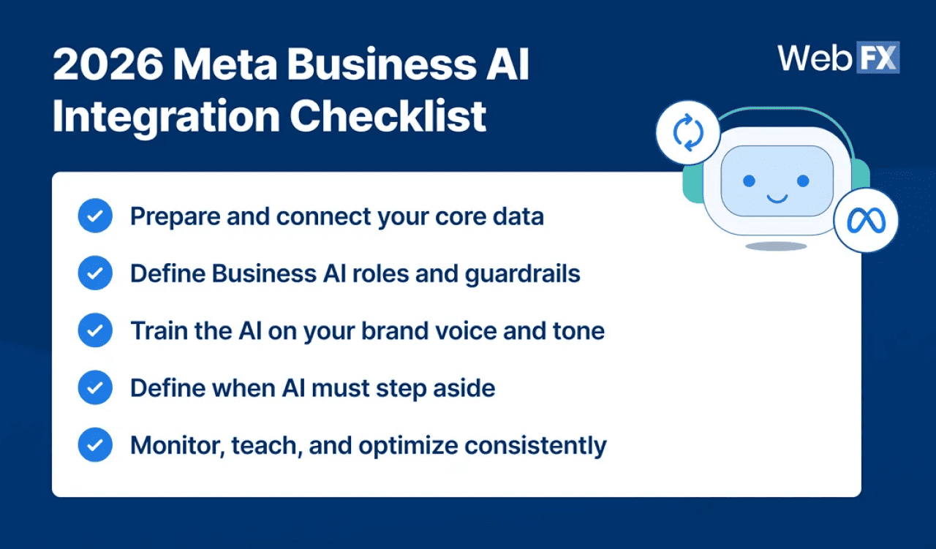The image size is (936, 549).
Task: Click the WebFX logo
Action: point(838,58)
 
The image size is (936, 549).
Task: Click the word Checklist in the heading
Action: point(388,117)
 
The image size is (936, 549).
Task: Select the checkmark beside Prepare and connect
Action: point(95,216)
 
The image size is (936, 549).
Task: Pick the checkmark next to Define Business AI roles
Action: point(95,273)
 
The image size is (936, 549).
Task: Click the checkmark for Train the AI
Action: point(95,330)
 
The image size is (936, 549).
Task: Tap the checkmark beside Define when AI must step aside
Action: point(95,387)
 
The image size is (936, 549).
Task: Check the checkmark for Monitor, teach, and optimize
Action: point(95,445)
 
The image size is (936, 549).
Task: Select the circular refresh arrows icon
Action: point(688,133)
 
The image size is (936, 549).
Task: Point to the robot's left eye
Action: point(749,181)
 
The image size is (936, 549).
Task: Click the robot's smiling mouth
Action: point(776,197)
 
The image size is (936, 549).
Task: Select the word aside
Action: point(467,388)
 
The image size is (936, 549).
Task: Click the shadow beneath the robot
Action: point(776,246)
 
